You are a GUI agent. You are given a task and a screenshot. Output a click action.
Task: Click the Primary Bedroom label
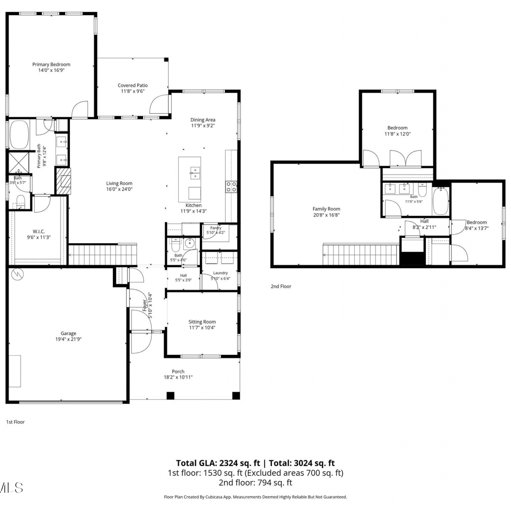tap(51, 64)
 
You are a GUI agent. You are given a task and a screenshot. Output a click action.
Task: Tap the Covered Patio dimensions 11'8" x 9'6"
tap(133, 91)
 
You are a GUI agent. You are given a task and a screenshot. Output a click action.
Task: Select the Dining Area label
tap(203, 120)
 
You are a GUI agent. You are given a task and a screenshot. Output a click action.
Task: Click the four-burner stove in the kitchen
tap(231, 187)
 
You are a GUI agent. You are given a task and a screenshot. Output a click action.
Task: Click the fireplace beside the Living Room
tap(63, 181)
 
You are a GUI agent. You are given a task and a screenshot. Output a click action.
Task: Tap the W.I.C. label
tap(39, 232)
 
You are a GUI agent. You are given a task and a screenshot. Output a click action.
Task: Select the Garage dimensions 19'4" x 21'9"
tap(68, 339)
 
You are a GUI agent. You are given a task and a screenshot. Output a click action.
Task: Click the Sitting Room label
tap(202, 322)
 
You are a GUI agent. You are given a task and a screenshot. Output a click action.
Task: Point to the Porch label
tap(178, 372)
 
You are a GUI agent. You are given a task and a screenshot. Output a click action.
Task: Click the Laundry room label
tap(220, 273)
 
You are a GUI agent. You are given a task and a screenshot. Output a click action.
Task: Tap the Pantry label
tap(216, 228)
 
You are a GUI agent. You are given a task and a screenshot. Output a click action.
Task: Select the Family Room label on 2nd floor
tap(326, 209)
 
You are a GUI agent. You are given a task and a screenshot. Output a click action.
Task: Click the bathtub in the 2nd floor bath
tap(441, 202)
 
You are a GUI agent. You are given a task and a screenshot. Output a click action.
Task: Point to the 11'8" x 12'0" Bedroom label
tap(398, 128)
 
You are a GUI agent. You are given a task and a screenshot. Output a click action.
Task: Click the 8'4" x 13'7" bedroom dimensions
tap(477, 229)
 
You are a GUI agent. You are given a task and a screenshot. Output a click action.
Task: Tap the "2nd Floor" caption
tap(281, 287)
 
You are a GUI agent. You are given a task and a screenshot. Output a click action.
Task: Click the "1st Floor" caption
tap(16, 422)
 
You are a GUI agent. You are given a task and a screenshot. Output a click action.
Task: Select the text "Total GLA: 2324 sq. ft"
tap(218, 463)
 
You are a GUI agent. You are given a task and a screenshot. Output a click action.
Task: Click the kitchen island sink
tap(195, 173)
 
